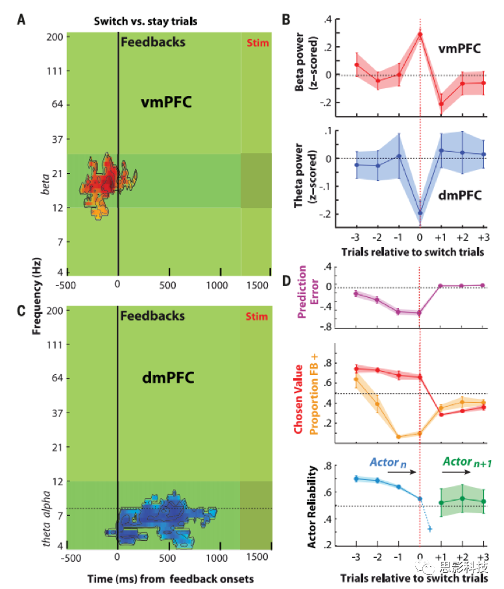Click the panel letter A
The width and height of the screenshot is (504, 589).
pyautogui.click(x=21, y=19)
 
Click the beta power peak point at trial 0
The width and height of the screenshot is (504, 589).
pyautogui.click(x=420, y=34)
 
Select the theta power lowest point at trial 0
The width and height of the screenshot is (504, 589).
pyautogui.click(x=420, y=213)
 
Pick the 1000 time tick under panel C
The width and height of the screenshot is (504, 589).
pyautogui.click(x=220, y=557)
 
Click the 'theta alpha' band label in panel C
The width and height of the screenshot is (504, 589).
pyautogui.click(x=47, y=517)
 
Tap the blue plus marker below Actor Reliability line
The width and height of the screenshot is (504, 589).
pyautogui.click(x=430, y=529)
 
